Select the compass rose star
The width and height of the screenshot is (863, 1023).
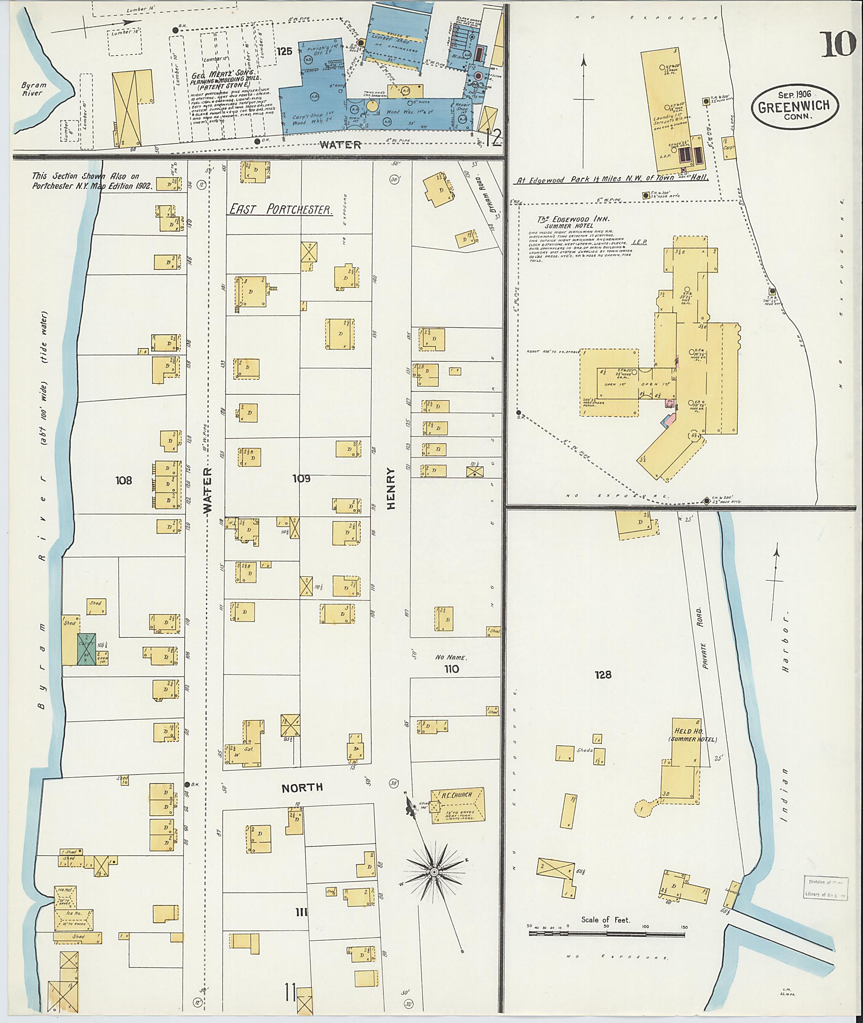434,872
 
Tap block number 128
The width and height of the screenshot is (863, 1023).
603,674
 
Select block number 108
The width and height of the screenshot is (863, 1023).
124,480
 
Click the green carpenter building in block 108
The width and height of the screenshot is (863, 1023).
86,649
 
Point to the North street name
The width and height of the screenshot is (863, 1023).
302,787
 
